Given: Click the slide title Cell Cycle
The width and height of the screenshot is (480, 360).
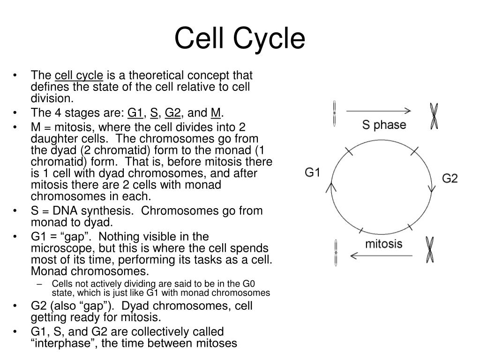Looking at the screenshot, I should (240, 38).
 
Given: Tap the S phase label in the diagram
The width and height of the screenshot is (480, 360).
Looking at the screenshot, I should (384, 125).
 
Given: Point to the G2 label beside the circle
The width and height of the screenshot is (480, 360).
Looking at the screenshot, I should (450, 178).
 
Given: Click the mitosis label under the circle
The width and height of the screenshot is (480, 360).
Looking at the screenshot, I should (383, 244).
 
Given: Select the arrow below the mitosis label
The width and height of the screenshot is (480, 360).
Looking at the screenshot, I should (381, 255).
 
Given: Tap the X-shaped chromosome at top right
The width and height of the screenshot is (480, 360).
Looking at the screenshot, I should (435, 116).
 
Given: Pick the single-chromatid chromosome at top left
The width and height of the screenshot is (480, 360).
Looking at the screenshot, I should (334, 113).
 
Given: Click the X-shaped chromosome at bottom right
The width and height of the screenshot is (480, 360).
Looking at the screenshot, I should (429, 250).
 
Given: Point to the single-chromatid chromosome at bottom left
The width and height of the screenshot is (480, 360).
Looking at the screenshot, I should (336, 252).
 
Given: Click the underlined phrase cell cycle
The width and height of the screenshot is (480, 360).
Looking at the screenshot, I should (79, 75).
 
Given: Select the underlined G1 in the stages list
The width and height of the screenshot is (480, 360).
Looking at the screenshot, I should (135, 113).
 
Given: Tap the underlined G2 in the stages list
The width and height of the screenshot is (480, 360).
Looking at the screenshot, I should (172, 113).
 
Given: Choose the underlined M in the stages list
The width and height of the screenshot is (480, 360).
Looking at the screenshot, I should (216, 113).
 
